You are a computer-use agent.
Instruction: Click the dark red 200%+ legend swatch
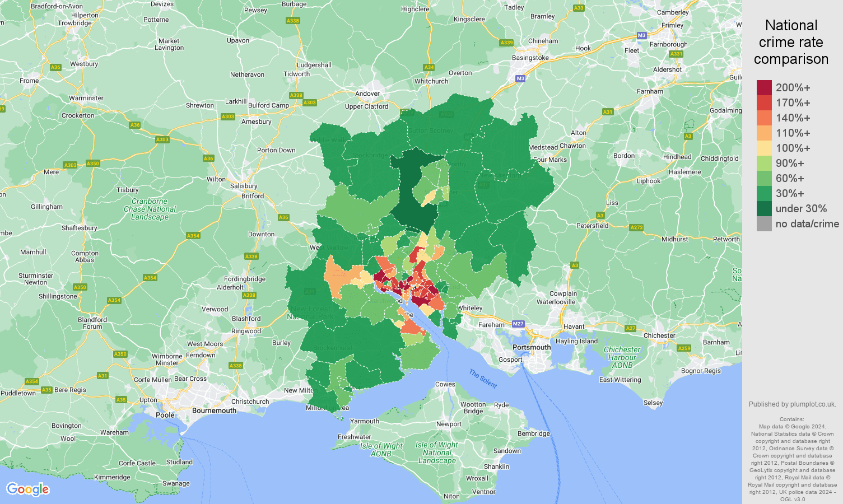pyautogui.click(x=764, y=88)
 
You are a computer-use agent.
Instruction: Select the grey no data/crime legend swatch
pyautogui.click(x=764, y=224)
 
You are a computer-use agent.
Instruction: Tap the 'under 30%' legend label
pyautogui.click(x=801, y=209)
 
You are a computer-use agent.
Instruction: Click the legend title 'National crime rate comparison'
pyautogui.click(x=791, y=43)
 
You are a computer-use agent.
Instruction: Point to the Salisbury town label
pyautogui.click(x=244, y=186)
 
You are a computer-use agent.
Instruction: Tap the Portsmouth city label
pyautogui.click(x=532, y=347)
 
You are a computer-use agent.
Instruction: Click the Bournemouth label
pyautogui.click(x=214, y=410)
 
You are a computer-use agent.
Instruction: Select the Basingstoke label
pyautogui.click(x=530, y=58)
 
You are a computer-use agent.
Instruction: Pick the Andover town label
pyautogui.click(x=367, y=94)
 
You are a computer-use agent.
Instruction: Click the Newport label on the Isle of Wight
pyautogui.click(x=449, y=424)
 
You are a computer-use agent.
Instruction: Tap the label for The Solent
pyautogui.click(x=483, y=379)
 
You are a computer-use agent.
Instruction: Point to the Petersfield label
pyautogui.click(x=592, y=226)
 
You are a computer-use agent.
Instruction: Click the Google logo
pyautogui.click(x=27, y=489)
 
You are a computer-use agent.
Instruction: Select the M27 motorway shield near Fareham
pyautogui.click(x=518, y=324)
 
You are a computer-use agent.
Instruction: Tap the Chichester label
pyautogui.click(x=659, y=335)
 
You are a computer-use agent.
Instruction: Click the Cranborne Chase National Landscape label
pyautogui.click(x=150, y=209)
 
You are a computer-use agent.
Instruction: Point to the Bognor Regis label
pyautogui.click(x=701, y=371)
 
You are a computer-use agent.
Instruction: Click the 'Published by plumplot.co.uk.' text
pyautogui.click(x=792, y=404)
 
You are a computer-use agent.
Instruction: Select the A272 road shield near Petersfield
pyautogui.click(x=636, y=227)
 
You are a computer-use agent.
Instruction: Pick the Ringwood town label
pyautogui.click(x=246, y=331)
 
